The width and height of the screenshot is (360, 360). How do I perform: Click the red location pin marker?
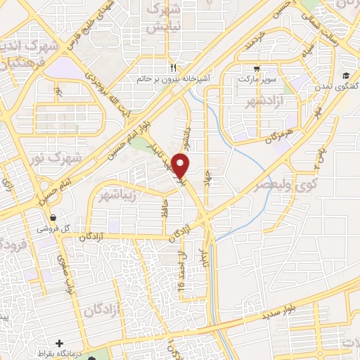(181, 166)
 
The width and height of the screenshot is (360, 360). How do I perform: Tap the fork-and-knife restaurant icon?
(173, 69)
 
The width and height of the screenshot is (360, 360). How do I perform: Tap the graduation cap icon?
(346, 76)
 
